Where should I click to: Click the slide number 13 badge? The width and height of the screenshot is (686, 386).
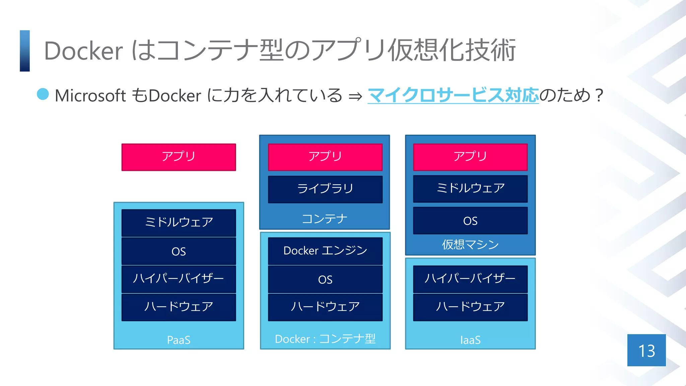click(x=646, y=350)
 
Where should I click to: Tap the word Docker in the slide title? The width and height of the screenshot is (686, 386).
click(x=83, y=51)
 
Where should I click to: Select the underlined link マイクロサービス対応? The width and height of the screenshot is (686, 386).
click(x=453, y=95)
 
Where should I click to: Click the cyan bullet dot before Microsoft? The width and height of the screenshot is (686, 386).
click(x=43, y=94)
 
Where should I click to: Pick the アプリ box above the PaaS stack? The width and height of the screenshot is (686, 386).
click(x=179, y=157)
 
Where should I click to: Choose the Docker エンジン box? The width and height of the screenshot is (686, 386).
click(x=325, y=251)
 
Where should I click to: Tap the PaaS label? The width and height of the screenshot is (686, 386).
click(x=179, y=340)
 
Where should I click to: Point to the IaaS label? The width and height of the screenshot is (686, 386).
click(x=470, y=340)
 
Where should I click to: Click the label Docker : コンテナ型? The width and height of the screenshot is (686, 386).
click(x=325, y=339)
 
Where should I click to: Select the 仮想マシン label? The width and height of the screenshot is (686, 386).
click(x=470, y=245)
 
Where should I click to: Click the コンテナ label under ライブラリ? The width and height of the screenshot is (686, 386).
click(x=324, y=219)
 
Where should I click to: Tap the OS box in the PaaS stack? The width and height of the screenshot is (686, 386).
click(x=179, y=251)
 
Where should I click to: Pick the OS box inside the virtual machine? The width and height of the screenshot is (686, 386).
click(x=470, y=220)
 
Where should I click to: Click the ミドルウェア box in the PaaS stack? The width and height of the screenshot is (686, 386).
click(x=179, y=222)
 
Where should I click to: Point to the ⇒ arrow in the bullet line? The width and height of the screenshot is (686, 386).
click(x=355, y=96)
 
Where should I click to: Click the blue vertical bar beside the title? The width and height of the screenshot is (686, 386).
click(x=25, y=51)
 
